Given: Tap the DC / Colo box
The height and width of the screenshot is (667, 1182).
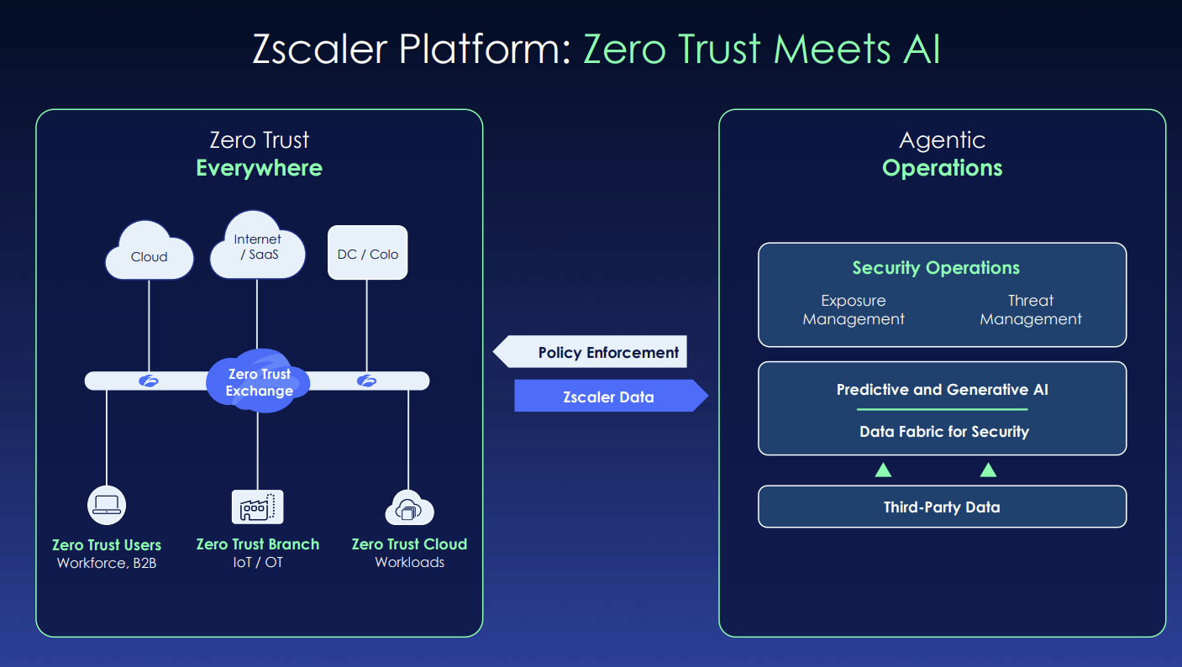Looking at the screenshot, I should tap(367, 253).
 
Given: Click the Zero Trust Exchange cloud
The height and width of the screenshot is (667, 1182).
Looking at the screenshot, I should tap(259, 382).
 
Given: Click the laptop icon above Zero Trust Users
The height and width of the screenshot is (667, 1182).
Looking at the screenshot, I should tap(107, 506).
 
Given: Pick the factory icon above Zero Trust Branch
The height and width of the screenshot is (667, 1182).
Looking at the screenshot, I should tap(257, 507).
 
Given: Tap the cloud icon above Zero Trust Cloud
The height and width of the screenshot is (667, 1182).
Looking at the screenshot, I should tap(408, 508).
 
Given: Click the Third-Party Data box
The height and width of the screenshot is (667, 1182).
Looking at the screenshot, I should tap(942, 507).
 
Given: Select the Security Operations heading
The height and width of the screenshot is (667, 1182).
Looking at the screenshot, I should tap(936, 268).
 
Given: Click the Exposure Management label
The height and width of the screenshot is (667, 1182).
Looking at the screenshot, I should tap(854, 310).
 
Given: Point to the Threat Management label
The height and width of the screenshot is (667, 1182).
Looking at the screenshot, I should tap(1031, 310).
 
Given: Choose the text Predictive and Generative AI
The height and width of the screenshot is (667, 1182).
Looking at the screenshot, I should tap(942, 390).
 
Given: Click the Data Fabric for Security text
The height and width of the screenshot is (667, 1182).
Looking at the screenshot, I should tap(943, 432).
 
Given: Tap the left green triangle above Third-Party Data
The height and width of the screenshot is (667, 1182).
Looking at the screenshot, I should tap(883, 470).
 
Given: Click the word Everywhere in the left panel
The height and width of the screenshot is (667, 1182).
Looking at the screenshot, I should tap(259, 168).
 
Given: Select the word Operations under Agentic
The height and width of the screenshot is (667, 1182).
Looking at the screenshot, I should tap(942, 168).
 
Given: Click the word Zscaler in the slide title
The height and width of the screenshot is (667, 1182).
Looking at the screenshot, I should tap(320, 50).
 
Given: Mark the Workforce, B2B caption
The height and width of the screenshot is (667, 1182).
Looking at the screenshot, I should tap(107, 563).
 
